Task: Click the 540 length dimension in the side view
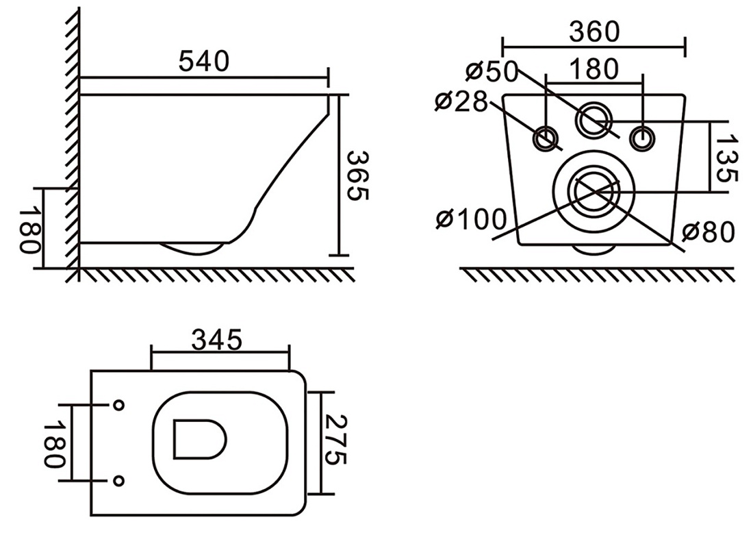[204, 62]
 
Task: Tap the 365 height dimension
[358, 176]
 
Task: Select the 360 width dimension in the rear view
[594, 32]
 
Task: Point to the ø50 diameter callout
[492, 71]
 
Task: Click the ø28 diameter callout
[461, 102]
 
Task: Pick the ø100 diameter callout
[471, 220]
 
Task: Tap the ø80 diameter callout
[709, 232]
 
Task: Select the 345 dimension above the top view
[217, 340]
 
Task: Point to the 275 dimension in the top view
[335, 439]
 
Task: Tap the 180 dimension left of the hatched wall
[29, 229]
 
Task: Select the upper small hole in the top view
[118, 405]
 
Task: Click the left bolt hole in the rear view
[546, 139]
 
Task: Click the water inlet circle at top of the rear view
[595, 119]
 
